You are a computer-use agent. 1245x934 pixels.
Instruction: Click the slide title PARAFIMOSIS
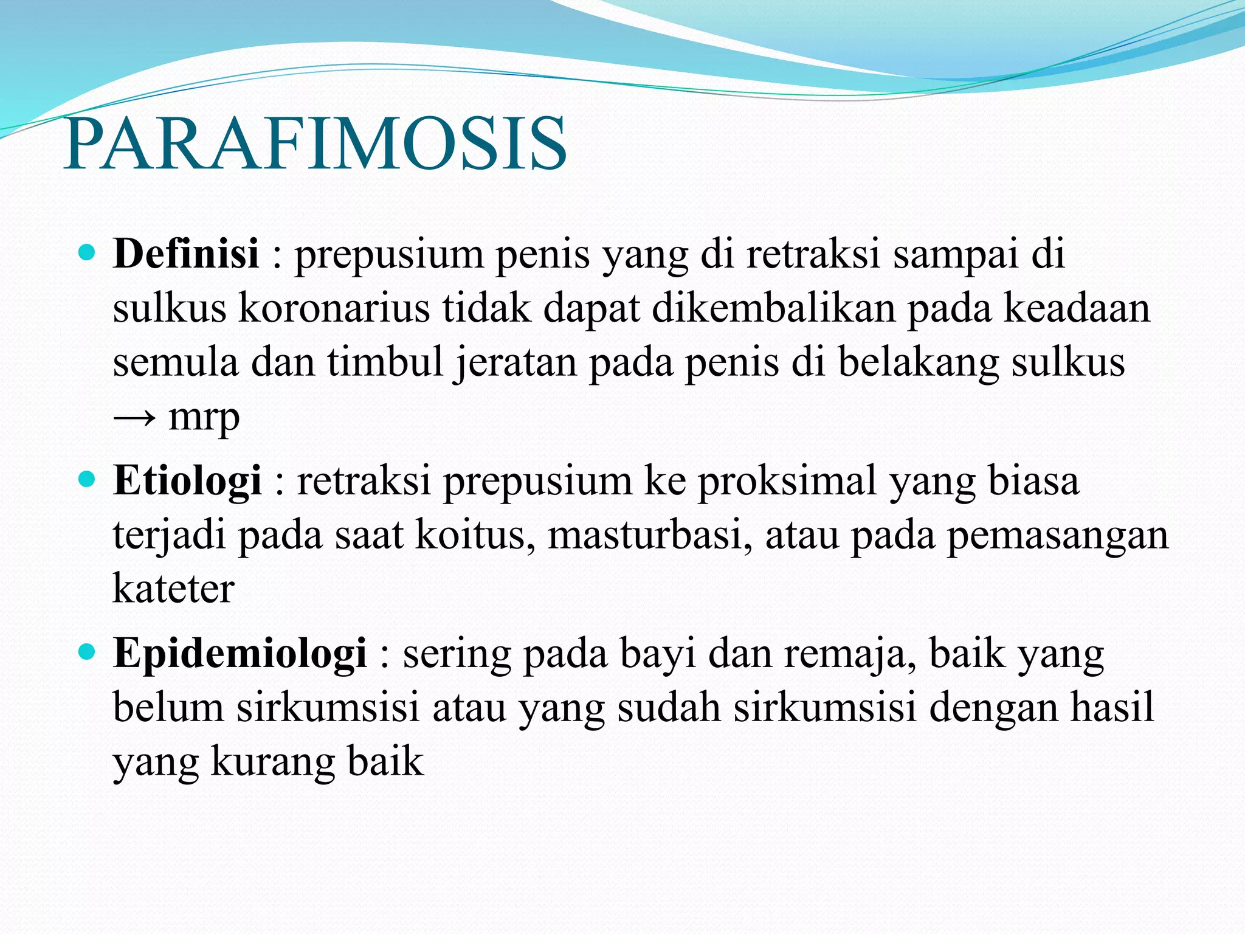[315, 145]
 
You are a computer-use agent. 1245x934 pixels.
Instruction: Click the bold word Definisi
[186, 253]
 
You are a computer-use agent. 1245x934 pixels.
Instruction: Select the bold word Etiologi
[187, 480]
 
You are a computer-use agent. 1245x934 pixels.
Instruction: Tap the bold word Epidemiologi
[240, 654]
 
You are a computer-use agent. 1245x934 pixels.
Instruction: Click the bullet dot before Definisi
[88, 252]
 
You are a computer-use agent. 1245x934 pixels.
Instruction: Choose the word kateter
[173, 589]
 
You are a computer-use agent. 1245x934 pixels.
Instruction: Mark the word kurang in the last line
[272, 762]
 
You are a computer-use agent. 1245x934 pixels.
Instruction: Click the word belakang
[918, 362]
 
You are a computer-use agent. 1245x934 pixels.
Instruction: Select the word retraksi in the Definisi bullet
[813, 253]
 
